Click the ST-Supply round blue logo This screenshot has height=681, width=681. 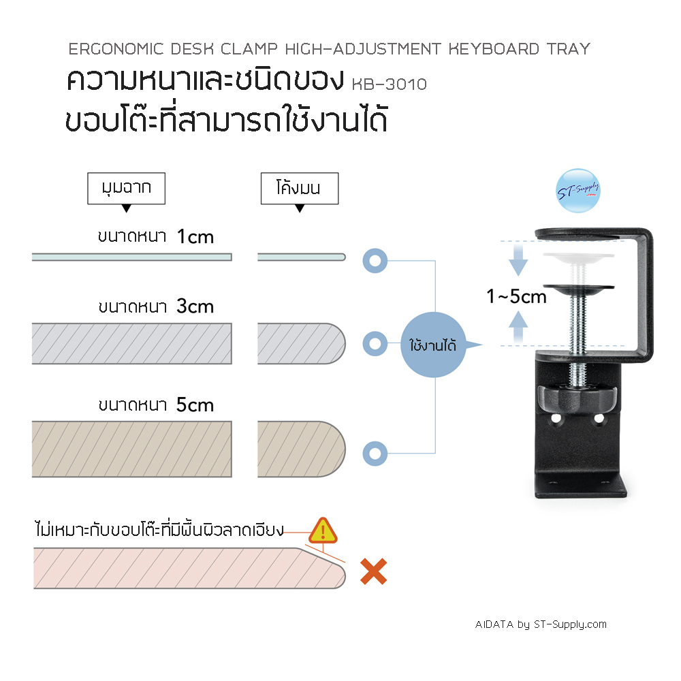tap(578, 190)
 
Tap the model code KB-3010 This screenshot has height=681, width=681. tap(389, 84)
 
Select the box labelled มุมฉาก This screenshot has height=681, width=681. tap(127, 188)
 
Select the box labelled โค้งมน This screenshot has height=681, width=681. tap(300, 188)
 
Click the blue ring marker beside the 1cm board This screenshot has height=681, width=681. tap(375, 261)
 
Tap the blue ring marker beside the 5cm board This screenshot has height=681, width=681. tap(375, 454)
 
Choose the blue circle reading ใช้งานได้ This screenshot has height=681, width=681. tap(433, 345)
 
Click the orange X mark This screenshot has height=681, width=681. tap(373, 571)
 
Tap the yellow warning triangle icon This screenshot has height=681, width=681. tap(323, 530)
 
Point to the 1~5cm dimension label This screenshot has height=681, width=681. tap(516, 297)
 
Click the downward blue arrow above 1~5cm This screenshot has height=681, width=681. tap(518, 259)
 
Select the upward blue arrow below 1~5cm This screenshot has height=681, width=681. tap(518, 327)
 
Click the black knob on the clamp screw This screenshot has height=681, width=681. tap(577, 398)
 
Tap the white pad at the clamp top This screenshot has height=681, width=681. tap(578, 257)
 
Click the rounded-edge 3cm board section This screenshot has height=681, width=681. tap(302, 343)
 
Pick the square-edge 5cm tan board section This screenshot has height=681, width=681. tap(132, 449)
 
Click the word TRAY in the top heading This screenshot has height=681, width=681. tap(569, 49)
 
